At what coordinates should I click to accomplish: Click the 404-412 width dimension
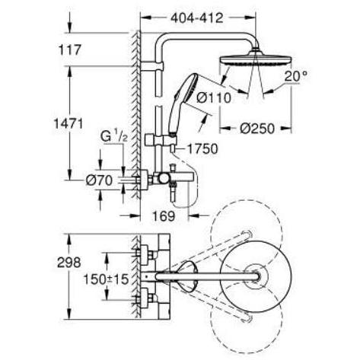click(x=197, y=18)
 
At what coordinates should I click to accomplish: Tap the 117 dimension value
click(x=69, y=49)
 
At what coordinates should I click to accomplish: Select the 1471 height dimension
click(x=68, y=124)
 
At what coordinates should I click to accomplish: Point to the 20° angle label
click(x=295, y=76)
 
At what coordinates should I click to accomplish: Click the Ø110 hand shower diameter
click(x=214, y=97)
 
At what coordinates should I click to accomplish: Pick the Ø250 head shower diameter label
click(x=257, y=129)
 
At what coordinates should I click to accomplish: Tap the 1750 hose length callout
click(x=202, y=149)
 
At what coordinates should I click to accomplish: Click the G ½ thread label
click(x=114, y=136)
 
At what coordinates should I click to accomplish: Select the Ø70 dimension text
click(x=99, y=180)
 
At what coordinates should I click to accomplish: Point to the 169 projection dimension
click(x=164, y=216)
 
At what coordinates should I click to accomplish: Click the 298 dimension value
click(x=69, y=263)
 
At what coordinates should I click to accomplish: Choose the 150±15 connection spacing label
click(x=107, y=279)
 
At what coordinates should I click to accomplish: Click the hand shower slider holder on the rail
click(x=161, y=140)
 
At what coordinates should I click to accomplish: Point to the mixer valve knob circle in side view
click(x=164, y=179)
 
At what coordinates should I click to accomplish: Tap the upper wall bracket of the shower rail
click(x=151, y=65)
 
